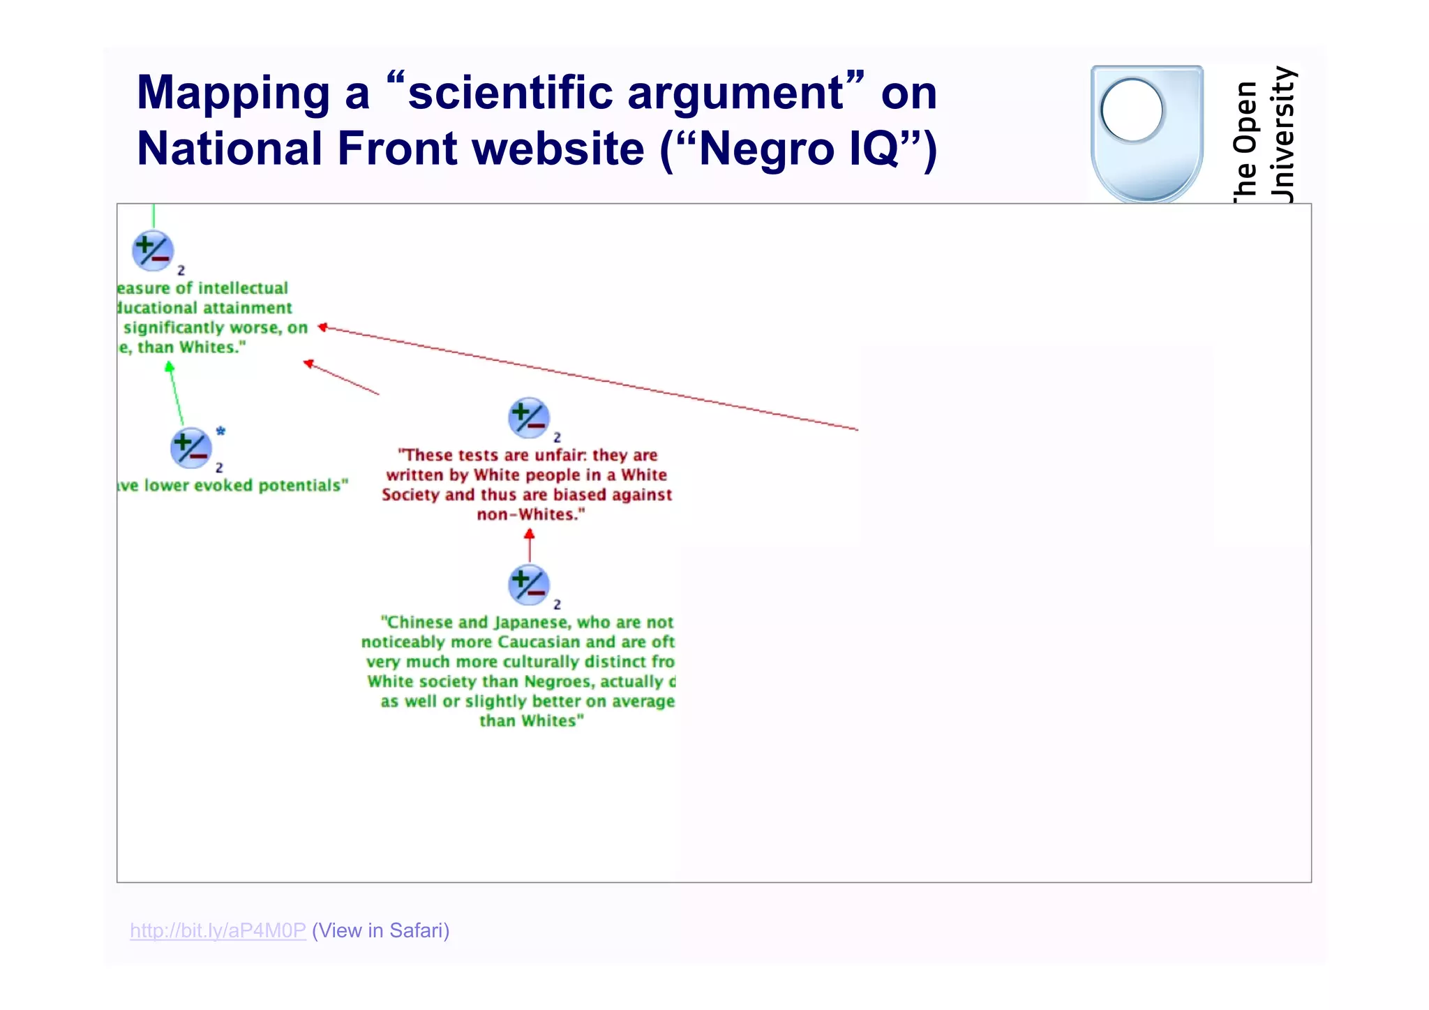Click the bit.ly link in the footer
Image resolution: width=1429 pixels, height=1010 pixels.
[218, 930]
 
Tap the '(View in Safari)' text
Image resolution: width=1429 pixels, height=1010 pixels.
[381, 930]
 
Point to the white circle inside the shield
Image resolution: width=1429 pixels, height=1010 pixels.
[1131, 110]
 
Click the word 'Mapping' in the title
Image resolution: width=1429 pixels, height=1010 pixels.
[233, 93]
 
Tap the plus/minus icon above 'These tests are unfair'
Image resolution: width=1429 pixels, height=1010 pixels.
[529, 417]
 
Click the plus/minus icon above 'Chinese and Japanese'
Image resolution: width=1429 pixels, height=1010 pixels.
[529, 585]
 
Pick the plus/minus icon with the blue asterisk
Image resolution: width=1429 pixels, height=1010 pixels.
[190, 447]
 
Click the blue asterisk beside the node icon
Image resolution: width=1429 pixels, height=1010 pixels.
[220, 431]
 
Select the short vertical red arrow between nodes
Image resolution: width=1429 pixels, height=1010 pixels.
[529, 546]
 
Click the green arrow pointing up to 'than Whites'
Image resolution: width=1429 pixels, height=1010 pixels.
[176, 394]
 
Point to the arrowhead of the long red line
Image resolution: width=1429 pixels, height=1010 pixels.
[323, 327]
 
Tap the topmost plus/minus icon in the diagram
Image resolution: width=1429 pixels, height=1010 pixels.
[153, 251]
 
